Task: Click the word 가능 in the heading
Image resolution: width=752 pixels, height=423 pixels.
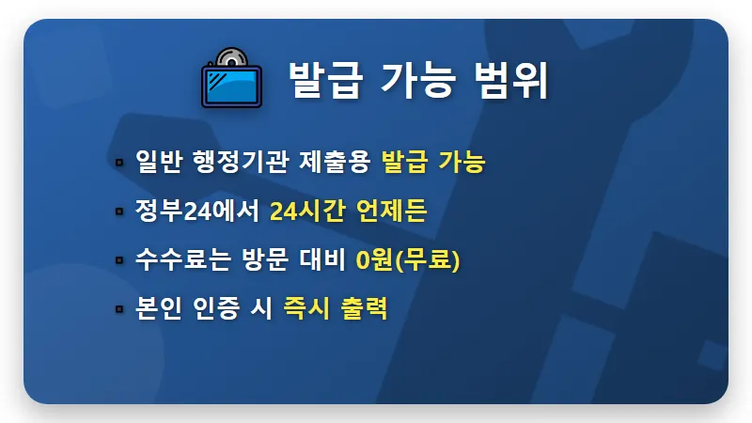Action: pos(417,81)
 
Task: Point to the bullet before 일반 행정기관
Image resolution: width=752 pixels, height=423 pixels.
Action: pos(119,163)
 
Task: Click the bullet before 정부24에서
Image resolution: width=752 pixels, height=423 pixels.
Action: pos(119,211)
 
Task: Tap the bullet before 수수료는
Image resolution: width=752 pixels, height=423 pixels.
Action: pos(119,260)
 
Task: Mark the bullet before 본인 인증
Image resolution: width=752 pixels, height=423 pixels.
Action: pos(119,308)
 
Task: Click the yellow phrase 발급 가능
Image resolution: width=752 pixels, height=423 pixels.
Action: pos(433,162)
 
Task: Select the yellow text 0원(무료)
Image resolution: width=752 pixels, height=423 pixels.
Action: pos(408,259)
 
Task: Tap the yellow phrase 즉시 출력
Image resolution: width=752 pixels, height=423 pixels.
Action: pos(336,307)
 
